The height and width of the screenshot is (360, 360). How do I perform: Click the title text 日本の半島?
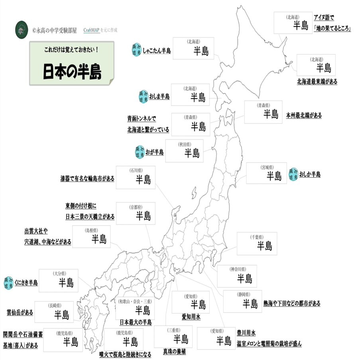pyautogui.click(x=72, y=71)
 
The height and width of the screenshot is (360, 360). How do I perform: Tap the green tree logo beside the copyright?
pyautogui.click(x=20, y=30)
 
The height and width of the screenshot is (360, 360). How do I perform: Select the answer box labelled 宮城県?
pyautogui.click(x=266, y=173)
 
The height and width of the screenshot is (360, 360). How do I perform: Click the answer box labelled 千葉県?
pyautogui.click(x=256, y=243)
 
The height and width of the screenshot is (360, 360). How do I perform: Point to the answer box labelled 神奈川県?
pyautogui.click(x=237, y=276)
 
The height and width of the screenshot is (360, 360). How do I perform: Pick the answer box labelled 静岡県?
pyautogui.click(x=242, y=301)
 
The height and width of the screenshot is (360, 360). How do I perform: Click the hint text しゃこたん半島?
pyautogui.click(x=156, y=51)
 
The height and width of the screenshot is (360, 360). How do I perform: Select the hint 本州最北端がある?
pyautogui.click(x=303, y=115)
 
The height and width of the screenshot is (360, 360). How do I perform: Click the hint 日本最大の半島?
pyautogui.click(x=136, y=322)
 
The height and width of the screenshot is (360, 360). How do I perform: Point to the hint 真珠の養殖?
pyautogui.click(x=174, y=352)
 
